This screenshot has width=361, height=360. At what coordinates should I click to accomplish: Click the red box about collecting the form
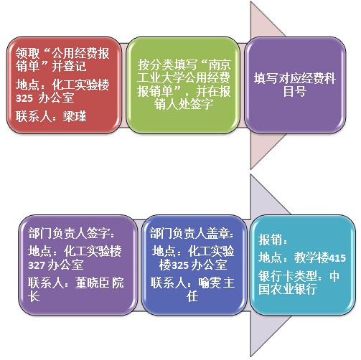pyautogui.click(x=64, y=85)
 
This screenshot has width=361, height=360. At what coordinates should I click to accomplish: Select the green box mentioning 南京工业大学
pyautogui.click(x=183, y=85)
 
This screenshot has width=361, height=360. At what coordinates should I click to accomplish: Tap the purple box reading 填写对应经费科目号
pyautogui.click(x=295, y=85)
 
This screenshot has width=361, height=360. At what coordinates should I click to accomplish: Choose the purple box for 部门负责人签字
pyautogui.click(x=78, y=265)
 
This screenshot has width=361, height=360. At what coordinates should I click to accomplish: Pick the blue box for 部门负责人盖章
pyautogui.click(x=194, y=265)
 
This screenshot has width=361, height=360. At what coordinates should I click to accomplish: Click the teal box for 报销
pyautogui.click(x=303, y=265)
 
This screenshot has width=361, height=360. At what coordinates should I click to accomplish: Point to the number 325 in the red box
pyautogui.click(x=24, y=98)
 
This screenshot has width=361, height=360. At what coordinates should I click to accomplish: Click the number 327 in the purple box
pyautogui.click(x=37, y=265)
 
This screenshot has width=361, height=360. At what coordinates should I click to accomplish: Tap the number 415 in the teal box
pyautogui.click(x=337, y=258)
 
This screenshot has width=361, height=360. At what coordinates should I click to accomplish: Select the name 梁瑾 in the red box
pyautogui.click(x=75, y=116)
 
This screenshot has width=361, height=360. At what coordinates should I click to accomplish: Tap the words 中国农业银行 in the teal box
pyautogui.click(x=299, y=283)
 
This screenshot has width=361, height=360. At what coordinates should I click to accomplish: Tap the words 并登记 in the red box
pyautogui.click(x=69, y=66)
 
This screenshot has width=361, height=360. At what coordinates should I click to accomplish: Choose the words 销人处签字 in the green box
pyautogui.click(x=184, y=104)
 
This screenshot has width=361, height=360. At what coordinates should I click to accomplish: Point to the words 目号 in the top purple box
pyautogui.click(x=295, y=91)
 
